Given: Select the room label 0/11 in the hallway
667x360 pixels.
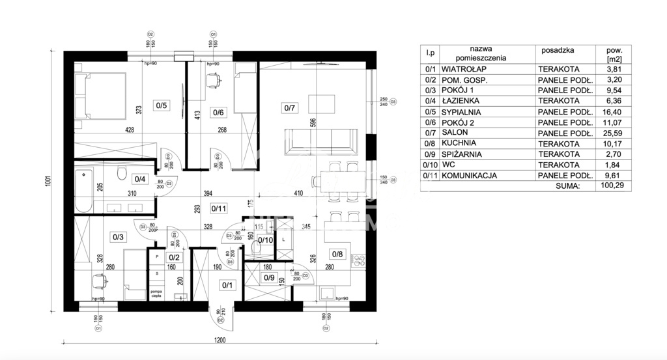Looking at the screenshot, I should [219, 209].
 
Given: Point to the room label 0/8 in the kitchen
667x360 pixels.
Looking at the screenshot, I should [337, 254].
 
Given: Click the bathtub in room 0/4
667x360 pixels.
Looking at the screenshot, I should [85, 189].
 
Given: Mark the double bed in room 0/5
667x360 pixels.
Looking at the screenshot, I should [98, 96].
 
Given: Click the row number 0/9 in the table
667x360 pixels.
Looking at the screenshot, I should [430, 154].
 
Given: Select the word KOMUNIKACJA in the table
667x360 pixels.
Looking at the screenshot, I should [469, 175].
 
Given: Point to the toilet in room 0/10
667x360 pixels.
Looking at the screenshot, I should [256, 247].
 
